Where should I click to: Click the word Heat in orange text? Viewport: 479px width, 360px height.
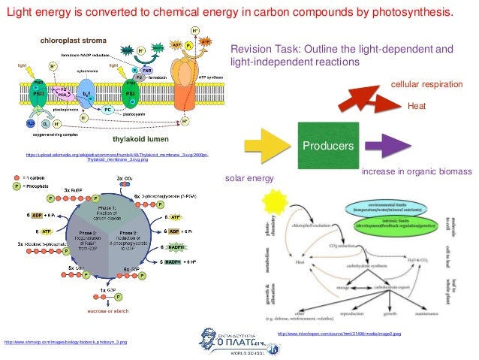(x=416, y=107)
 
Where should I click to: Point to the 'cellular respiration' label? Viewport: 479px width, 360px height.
(x=427, y=85)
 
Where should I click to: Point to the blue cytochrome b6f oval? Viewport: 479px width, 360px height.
(x=87, y=96)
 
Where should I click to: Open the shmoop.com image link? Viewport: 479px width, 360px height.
(x=65, y=343)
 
